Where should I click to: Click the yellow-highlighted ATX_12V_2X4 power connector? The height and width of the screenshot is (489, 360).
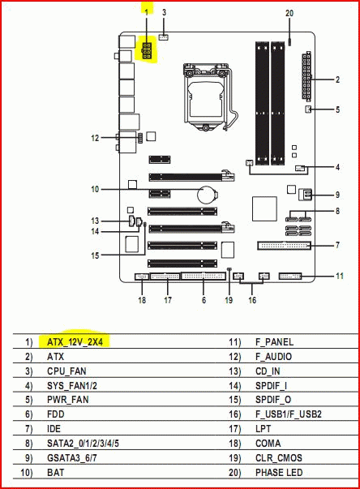[147, 51]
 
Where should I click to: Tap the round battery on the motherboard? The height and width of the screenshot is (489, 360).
[208, 195]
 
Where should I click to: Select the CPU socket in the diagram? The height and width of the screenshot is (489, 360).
[206, 97]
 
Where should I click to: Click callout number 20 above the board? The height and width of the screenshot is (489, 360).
[289, 13]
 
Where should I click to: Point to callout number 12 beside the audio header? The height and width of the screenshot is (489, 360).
[95, 138]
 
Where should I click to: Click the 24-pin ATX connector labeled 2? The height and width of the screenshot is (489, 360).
[306, 76]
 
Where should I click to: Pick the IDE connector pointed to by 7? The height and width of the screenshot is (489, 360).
[284, 246]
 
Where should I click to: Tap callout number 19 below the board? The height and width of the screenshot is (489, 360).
[229, 300]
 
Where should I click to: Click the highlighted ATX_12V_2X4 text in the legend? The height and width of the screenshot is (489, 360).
[75, 341]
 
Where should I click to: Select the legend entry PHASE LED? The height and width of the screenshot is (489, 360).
[279, 473]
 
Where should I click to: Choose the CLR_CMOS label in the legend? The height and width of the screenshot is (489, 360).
[279, 458]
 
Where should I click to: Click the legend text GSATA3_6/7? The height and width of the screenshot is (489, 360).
[72, 458]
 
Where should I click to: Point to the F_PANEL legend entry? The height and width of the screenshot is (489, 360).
[274, 341]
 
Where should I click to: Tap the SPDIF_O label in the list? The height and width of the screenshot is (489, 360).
[273, 400]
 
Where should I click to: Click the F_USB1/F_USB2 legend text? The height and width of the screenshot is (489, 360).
[289, 414]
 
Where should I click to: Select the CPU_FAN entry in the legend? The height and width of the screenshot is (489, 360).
[66, 371]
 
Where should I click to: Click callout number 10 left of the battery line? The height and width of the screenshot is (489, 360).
[95, 189]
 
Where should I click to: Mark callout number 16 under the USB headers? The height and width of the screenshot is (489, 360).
[252, 300]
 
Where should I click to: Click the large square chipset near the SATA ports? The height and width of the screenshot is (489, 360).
[264, 208]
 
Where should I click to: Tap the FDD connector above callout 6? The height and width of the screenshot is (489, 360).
[204, 276]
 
